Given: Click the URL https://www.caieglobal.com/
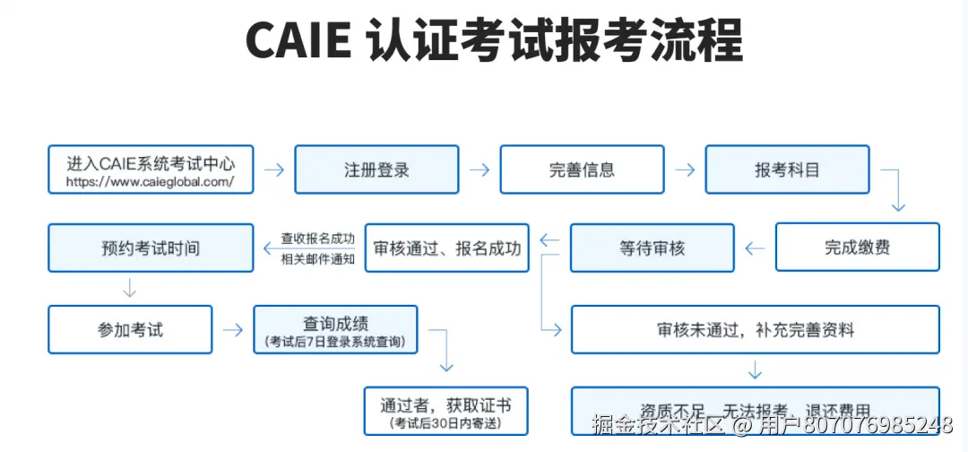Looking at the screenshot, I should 151,182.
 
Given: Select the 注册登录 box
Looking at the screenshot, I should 376,169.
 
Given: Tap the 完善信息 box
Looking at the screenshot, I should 582,169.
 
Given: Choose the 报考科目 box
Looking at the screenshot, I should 787,169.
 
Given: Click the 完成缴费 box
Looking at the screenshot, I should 857,248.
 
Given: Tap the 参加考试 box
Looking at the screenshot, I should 130,329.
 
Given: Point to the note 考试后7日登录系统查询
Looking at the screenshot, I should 335,342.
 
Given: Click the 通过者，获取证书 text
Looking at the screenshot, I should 446,404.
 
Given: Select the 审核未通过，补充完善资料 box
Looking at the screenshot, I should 755,329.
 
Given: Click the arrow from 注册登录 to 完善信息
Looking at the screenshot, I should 480,169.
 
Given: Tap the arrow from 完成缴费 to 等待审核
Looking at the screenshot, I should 755,248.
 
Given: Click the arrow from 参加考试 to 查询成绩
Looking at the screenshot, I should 233,329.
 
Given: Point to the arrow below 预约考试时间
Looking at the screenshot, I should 129,288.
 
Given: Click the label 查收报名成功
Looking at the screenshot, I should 317,239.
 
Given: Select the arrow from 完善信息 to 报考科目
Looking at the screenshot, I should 685,169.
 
